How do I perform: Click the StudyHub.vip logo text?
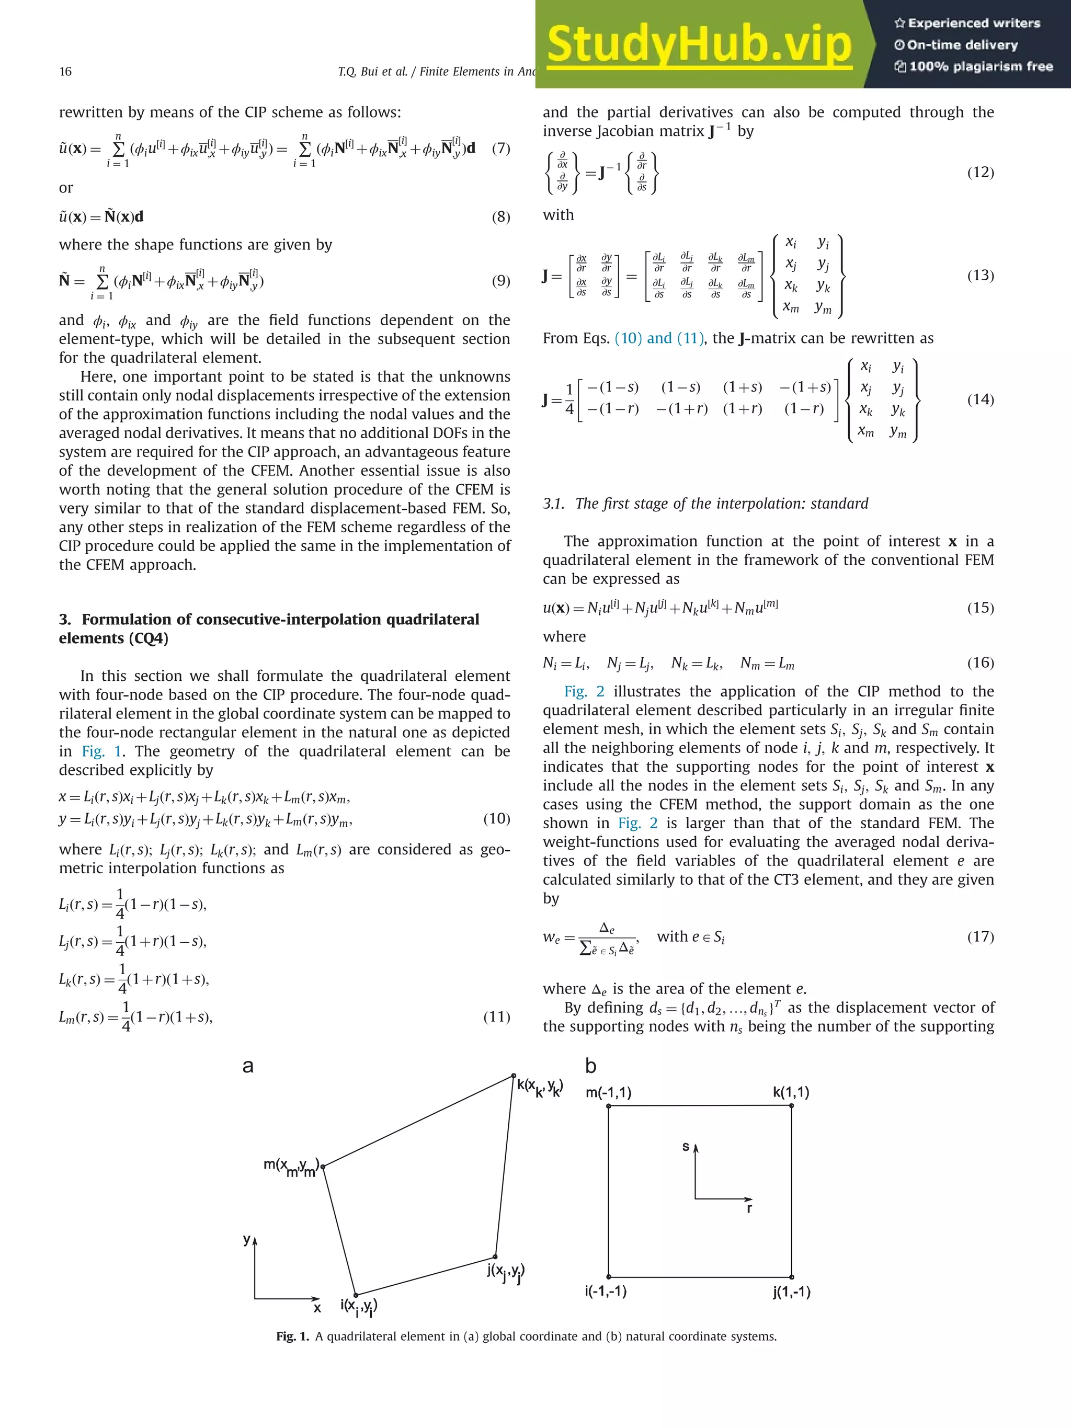(x=699, y=44)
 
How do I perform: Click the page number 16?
(x=65, y=72)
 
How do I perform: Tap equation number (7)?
(x=500, y=148)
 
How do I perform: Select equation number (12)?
(x=980, y=173)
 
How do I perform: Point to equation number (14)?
(x=980, y=399)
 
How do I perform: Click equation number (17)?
(x=980, y=936)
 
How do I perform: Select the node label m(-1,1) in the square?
(x=608, y=1092)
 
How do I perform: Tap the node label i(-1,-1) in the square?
(x=606, y=1291)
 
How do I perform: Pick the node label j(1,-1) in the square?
(x=791, y=1292)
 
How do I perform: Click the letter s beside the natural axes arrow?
(x=686, y=1147)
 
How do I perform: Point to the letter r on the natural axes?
(x=749, y=1208)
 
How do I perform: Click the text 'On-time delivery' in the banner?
(x=961, y=45)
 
